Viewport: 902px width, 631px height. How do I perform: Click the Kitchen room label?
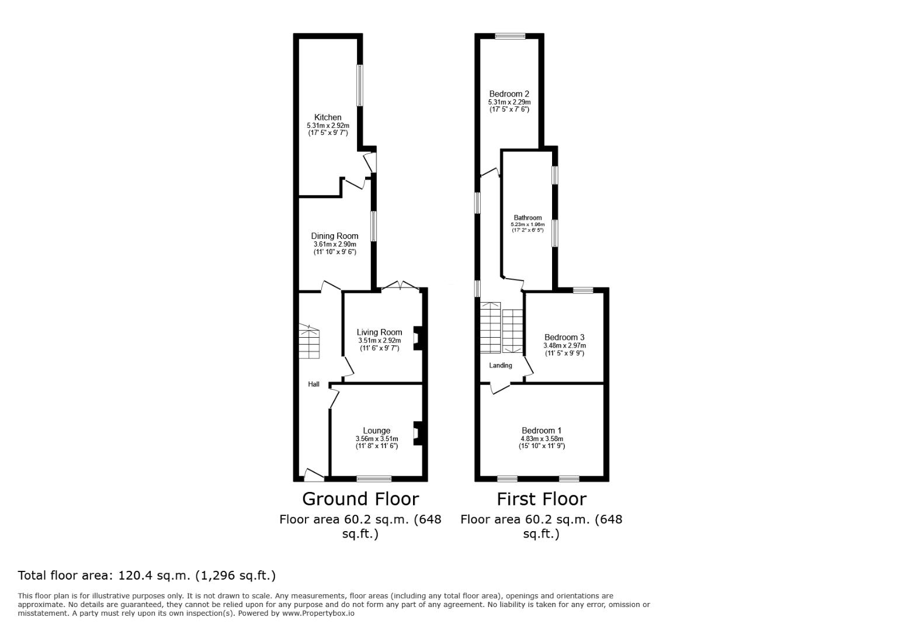coord(328,117)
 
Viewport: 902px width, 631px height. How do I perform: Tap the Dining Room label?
coord(335,236)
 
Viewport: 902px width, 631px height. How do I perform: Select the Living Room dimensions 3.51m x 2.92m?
coord(379,341)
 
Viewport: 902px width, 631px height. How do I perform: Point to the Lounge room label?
coord(376,431)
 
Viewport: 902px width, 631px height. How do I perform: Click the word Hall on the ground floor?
coord(314,384)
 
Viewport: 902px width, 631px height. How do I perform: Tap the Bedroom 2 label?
coord(509,94)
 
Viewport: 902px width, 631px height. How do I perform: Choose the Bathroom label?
coord(528,218)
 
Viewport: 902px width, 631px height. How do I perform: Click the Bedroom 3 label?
coord(564,338)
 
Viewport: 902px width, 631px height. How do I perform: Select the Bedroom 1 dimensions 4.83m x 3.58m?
coord(542,439)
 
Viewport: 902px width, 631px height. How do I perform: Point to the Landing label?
coord(501,366)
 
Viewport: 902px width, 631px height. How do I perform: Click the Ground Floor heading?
coord(360,500)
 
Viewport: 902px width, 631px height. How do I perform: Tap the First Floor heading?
coord(542,500)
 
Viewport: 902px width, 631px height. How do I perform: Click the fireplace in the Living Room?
coord(418,338)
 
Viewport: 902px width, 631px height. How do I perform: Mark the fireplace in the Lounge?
coord(418,434)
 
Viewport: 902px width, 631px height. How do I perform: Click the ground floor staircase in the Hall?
coord(309,341)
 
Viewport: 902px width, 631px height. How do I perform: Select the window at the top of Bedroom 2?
coord(510,36)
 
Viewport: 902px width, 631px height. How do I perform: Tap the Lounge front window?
coord(374,479)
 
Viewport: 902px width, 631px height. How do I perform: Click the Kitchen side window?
coord(360,85)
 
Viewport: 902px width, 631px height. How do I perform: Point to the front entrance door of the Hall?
coord(314,476)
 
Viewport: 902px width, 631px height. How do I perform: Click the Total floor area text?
coord(147,575)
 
